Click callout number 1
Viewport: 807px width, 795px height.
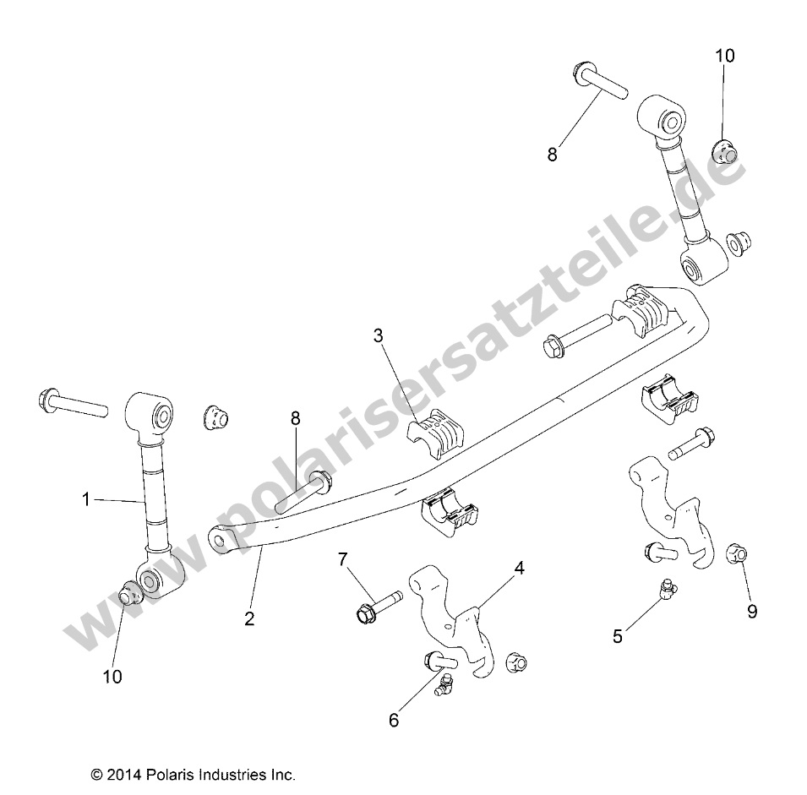[x=86, y=499]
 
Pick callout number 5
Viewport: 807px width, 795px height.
[x=618, y=636]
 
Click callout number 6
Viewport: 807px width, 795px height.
[x=394, y=720]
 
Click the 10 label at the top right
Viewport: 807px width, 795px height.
[x=725, y=56]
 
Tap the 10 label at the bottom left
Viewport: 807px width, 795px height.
[x=112, y=676]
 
